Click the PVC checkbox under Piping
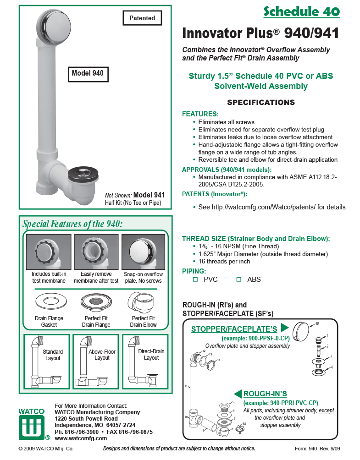click(195, 279)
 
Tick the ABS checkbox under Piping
click(238, 279)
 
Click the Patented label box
click(142, 18)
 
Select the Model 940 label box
click(87, 73)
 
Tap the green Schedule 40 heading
click(301, 11)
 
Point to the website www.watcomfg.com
click(81, 438)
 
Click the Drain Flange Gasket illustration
click(49, 301)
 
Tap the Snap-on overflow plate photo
click(143, 252)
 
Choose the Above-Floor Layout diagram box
click(95, 363)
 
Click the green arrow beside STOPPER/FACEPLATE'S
click(284, 328)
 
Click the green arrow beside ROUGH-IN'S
click(238, 394)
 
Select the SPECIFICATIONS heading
click(261, 102)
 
